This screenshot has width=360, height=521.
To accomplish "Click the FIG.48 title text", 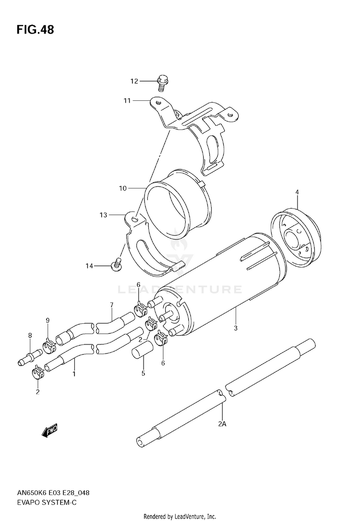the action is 35,30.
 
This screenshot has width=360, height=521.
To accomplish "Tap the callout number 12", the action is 134,81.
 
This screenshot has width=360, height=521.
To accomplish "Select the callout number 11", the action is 127,100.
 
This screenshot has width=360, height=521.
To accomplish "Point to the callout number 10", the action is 123,189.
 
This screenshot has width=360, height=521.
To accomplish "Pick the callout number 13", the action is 103,215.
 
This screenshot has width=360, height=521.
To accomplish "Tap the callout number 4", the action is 297,192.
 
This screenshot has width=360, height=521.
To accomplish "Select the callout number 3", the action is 235,328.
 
